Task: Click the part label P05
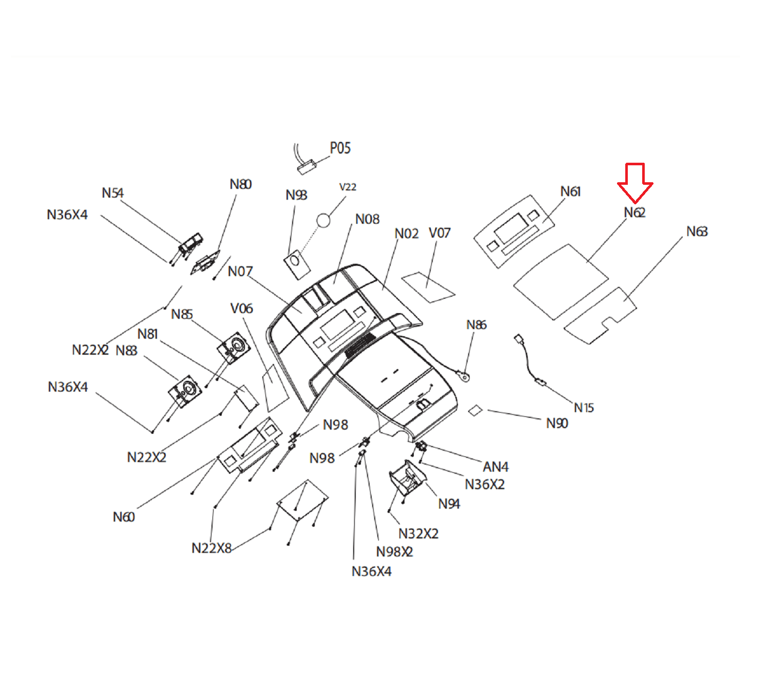point(340,148)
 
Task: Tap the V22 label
point(348,187)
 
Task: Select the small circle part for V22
point(323,220)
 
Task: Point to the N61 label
point(570,191)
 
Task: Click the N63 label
point(697,232)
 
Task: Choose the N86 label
point(476,325)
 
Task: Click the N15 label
point(584,408)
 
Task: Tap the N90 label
point(556,423)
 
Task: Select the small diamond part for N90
point(475,410)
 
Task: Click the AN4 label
point(495,467)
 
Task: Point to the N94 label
point(449,504)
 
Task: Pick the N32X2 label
point(418,534)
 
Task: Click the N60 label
point(124,517)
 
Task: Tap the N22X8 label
point(211,548)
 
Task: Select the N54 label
point(112,193)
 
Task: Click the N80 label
point(240,184)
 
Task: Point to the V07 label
point(439,233)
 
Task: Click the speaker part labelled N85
point(234,347)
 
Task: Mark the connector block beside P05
point(306,167)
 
